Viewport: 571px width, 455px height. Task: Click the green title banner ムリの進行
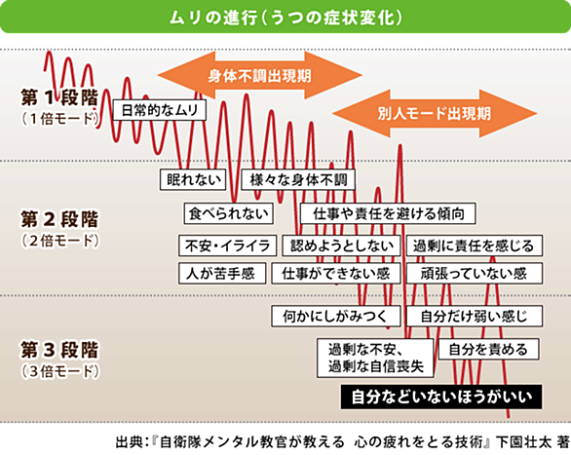285,18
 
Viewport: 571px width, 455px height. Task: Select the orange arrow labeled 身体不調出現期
259,75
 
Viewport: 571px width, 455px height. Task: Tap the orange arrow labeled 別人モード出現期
435,113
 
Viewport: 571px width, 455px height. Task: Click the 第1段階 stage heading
59,97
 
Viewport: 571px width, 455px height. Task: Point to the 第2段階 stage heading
59,219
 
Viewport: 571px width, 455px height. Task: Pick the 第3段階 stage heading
59,350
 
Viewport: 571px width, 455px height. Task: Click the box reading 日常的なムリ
160,109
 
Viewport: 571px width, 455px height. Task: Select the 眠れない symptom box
193,179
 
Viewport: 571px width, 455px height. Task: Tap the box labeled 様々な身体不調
298,179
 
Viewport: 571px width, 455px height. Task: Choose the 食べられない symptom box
229,213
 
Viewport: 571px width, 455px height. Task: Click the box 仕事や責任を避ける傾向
388,213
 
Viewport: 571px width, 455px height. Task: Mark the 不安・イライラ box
228,246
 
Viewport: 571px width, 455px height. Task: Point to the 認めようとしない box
342,246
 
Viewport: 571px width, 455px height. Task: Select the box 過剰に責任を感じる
475,246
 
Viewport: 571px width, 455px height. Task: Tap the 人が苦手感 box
222,274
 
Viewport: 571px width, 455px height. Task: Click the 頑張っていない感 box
475,274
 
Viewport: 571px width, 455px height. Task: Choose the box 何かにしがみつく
336,316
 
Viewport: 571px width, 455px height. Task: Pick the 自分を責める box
489,350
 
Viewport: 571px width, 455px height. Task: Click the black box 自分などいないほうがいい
441,397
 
